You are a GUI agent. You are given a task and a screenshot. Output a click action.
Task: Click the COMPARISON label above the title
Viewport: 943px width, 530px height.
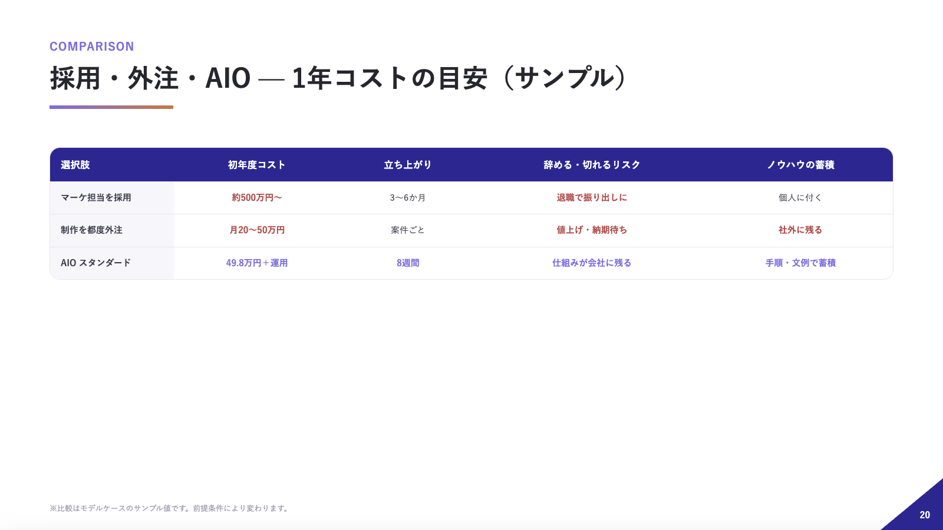click(92, 47)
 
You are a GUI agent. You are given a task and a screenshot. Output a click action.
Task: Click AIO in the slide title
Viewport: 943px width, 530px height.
click(227, 78)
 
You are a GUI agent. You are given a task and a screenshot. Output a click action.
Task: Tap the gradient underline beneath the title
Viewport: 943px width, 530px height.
click(111, 107)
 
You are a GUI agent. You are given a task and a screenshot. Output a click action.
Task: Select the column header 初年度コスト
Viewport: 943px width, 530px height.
click(257, 165)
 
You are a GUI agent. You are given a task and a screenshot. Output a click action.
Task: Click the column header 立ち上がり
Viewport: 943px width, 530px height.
click(408, 165)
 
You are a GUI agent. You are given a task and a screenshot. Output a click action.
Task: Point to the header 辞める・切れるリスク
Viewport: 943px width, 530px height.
click(592, 165)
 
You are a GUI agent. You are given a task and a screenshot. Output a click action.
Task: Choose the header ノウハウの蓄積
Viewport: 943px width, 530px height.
click(800, 165)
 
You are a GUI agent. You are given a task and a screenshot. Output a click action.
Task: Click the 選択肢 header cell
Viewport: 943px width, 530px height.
click(75, 165)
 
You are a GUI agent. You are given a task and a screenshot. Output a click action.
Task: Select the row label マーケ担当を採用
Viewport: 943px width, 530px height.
click(96, 198)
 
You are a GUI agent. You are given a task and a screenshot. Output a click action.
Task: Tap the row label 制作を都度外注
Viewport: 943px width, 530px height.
click(92, 230)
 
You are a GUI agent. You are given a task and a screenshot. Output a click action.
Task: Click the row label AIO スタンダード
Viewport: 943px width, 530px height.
click(96, 263)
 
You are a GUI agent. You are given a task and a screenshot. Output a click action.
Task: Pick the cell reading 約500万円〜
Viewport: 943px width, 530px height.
click(257, 198)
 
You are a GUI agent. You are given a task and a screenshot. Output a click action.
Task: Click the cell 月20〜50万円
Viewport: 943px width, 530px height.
click(257, 230)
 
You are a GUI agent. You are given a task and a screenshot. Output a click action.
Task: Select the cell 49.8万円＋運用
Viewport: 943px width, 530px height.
click(257, 263)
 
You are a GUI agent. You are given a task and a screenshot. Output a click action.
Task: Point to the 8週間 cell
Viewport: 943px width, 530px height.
click(408, 263)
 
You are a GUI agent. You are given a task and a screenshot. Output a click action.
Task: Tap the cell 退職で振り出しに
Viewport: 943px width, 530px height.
click(592, 198)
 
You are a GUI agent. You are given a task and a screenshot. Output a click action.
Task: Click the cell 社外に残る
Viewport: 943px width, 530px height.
click(800, 230)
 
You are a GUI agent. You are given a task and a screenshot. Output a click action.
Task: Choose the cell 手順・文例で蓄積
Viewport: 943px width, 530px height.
click(800, 263)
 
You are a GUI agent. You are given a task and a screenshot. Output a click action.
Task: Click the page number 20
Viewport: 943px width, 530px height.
click(925, 515)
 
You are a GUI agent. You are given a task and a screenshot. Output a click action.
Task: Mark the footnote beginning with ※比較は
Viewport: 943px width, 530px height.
click(170, 508)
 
